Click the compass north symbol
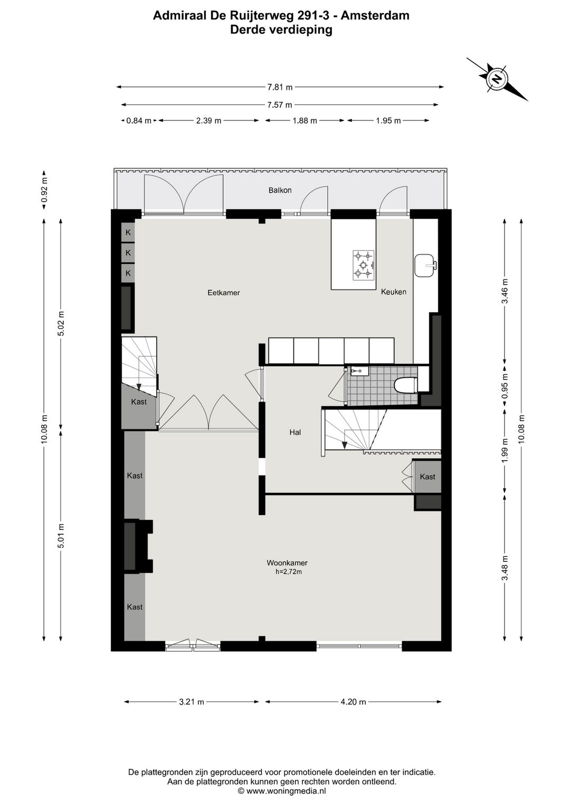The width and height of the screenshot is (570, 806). point(497,79)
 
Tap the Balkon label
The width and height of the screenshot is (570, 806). point(280,190)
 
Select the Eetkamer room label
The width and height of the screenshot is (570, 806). point(223,293)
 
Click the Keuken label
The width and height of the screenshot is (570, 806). point(393,292)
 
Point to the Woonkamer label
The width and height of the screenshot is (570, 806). point(287,563)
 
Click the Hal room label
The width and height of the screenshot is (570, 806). point(295,432)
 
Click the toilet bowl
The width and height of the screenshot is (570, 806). point(406,385)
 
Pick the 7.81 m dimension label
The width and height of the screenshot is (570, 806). point(280,87)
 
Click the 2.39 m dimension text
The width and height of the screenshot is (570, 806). point(208,121)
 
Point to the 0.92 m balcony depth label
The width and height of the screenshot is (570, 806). point(44,190)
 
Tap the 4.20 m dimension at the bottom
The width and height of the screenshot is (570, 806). point(353,702)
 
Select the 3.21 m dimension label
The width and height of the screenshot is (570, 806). point(192,702)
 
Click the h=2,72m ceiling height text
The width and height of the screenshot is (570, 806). point(288,572)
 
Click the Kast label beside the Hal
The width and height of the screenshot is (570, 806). point(427,477)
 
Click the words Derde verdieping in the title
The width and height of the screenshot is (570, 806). point(281,30)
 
